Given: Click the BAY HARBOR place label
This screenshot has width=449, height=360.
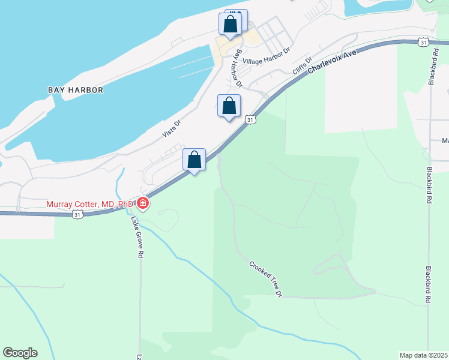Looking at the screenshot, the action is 76,90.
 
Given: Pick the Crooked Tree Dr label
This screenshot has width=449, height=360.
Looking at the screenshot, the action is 265,278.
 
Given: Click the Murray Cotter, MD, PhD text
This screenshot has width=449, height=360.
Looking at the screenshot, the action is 90,205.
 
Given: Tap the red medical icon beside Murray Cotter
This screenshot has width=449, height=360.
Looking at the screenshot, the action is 143,203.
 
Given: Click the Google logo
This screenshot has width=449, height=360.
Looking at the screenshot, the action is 20,353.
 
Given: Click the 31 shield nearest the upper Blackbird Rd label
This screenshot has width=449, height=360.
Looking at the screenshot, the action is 424,42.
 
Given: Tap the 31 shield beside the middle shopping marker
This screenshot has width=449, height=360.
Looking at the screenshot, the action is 251,119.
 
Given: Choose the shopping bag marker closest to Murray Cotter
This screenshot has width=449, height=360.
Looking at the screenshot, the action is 194,160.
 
